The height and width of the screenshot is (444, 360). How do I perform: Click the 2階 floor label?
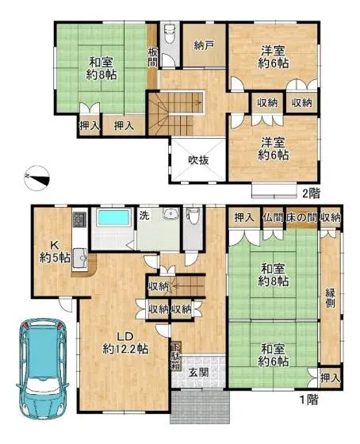click(x=309, y=192)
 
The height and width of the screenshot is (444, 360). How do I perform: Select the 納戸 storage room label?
click(x=204, y=46)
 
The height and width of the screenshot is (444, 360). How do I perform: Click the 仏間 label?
click(x=273, y=216)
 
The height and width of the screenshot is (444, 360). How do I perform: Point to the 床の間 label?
click(x=301, y=216)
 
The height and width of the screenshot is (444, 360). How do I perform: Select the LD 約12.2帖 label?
click(x=125, y=341)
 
